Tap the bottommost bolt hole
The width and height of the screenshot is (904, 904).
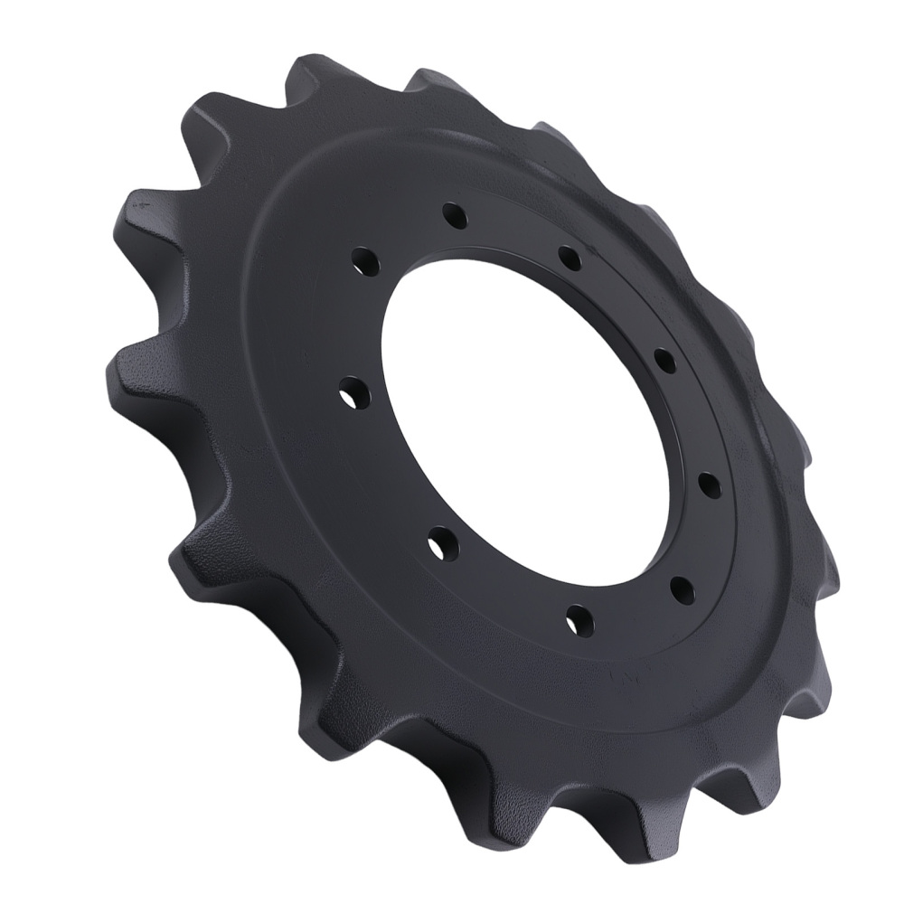pyautogui.click(x=579, y=619)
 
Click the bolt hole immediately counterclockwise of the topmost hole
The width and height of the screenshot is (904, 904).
pyautogui.click(x=365, y=259)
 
